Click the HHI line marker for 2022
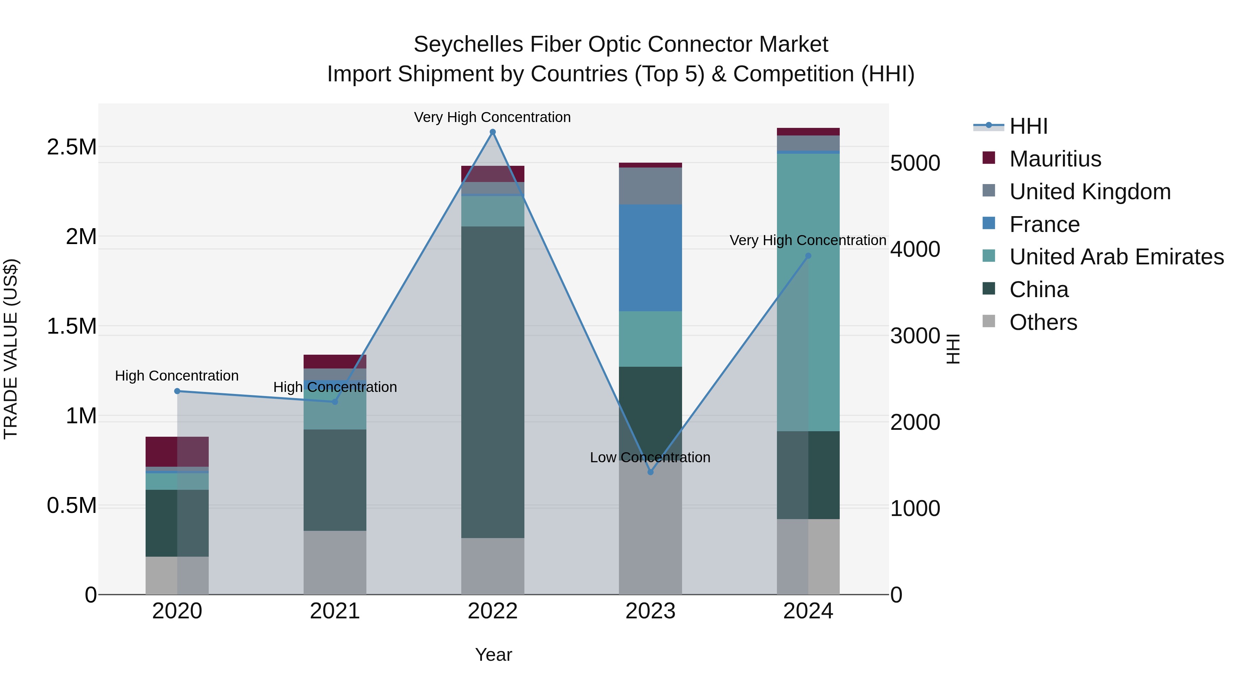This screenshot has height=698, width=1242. click(492, 132)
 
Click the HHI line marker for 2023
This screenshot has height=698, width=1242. click(650, 472)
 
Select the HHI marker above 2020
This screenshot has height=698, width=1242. click(177, 391)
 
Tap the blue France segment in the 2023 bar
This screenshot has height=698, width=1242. click(650, 258)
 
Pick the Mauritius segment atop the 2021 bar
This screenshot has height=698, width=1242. click(335, 361)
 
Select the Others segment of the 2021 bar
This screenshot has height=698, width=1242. click(335, 562)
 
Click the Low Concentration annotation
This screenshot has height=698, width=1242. click(650, 457)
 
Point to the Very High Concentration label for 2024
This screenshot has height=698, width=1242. click(808, 240)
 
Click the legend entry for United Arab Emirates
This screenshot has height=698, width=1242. click(1116, 257)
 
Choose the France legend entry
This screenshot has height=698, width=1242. click(1044, 224)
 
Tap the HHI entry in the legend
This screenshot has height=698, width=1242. click(1028, 126)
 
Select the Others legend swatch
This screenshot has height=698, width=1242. click(988, 321)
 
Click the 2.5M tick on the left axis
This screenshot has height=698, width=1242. click(72, 147)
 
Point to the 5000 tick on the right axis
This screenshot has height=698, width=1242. click(915, 163)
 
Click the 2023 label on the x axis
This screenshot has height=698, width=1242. click(650, 611)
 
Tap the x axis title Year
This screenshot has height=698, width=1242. click(493, 655)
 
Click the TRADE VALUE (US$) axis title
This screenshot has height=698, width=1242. click(11, 349)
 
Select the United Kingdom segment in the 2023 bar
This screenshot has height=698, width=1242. click(650, 186)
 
